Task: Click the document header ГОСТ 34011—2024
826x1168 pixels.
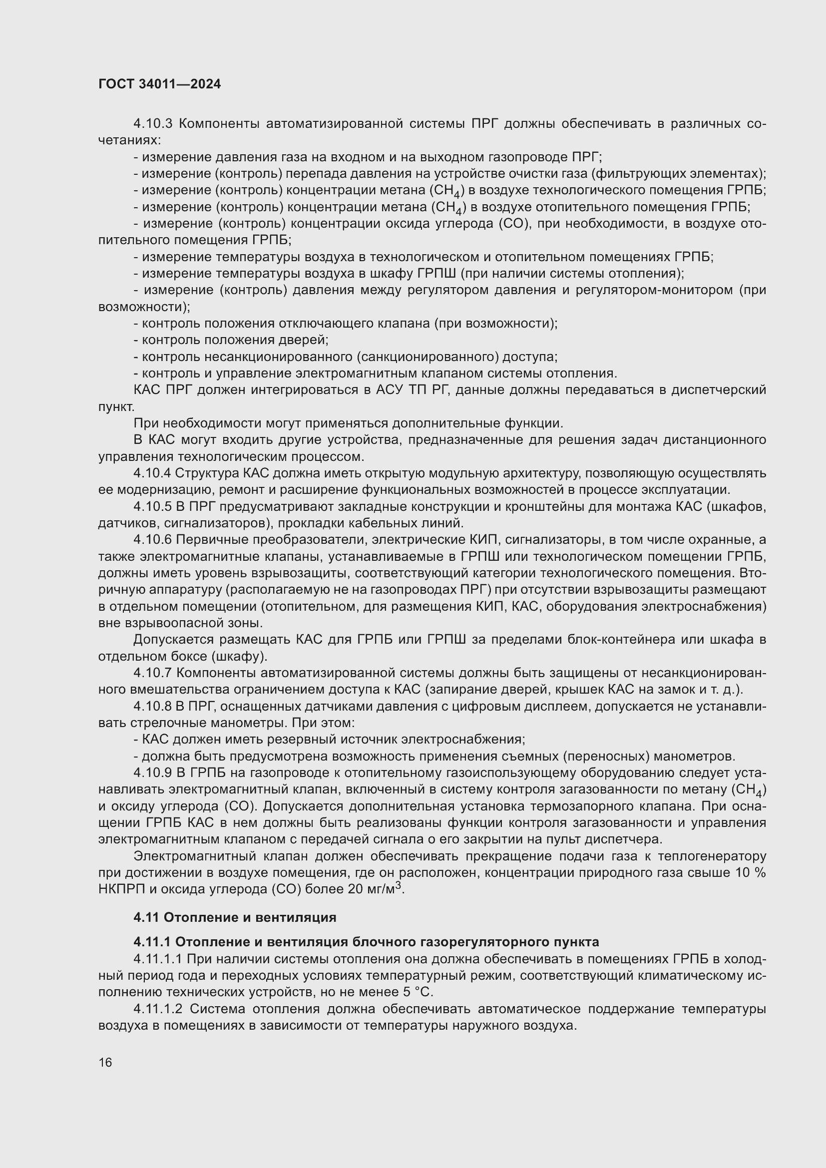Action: pos(160,84)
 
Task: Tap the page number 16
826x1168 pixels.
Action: pos(105,1062)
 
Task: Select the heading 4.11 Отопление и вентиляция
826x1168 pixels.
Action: pos(235,917)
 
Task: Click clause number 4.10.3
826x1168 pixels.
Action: pos(153,124)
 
